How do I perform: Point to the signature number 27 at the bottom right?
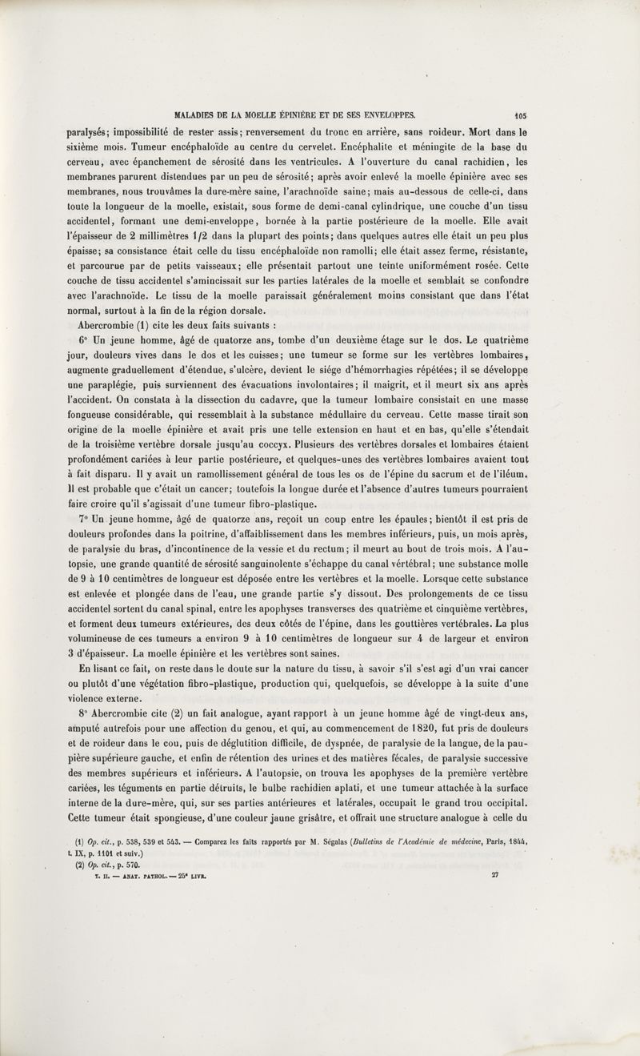click(495, 875)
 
